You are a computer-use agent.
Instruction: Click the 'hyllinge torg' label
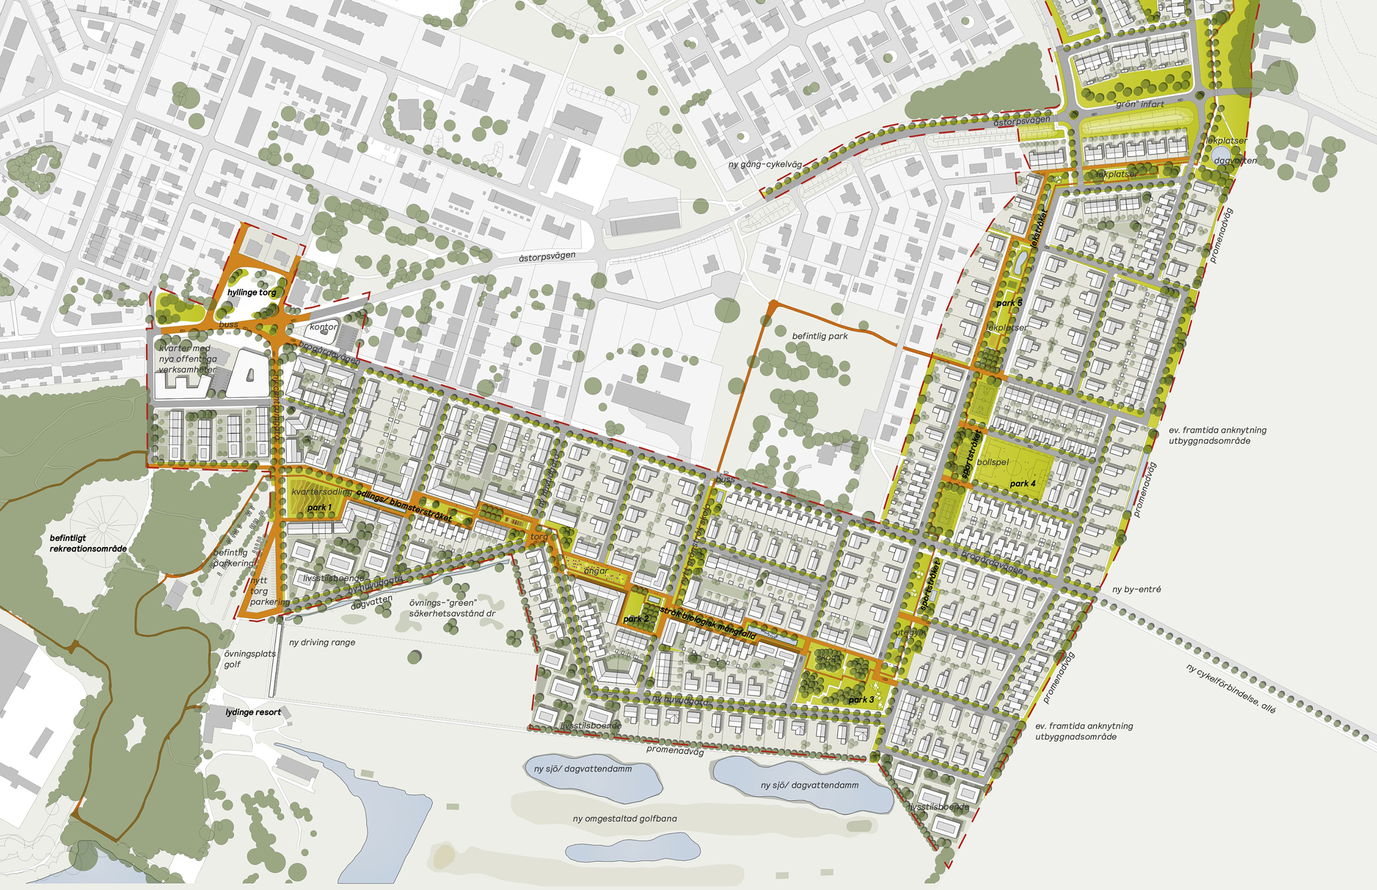pyautogui.click(x=251, y=293)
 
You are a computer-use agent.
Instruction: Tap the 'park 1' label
pyautogui.click(x=320, y=507)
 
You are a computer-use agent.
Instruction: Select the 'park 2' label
pyautogui.click(x=636, y=619)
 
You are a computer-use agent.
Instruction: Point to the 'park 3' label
pyautogui.click(x=861, y=699)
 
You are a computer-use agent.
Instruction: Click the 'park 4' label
pyautogui.click(x=1023, y=483)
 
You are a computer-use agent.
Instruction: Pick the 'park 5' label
pyautogui.click(x=1009, y=303)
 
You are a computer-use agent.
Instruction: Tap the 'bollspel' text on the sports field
pyautogui.click(x=993, y=463)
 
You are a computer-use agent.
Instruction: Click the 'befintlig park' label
pyautogui.click(x=820, y=336)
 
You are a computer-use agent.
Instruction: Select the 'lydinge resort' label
pyautogui.click(x=253, y=712)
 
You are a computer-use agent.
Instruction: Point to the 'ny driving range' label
pyautogui.click(x=322, y=642)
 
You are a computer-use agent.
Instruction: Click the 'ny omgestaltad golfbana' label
pyautogui.click(x=625, y=818)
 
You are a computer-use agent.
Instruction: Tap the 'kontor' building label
pyautogui.click(x=323, y=327)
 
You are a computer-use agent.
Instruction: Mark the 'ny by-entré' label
pyautogui.click(x=1137, y=589)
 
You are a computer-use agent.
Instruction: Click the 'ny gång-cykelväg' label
pyautogui.click(x=765, y=165)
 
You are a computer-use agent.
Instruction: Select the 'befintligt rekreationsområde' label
pyautogui.click(x=88, y=543)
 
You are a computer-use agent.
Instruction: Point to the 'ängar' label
pyautogui.click(x=596, y=571)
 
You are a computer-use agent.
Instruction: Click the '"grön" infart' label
pyautogui.click(x=1139, y=104)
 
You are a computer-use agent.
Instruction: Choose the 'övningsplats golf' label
pyautogui.click(x=250, y=659)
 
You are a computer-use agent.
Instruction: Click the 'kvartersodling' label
pyautogui.click(x=321, y=492)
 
